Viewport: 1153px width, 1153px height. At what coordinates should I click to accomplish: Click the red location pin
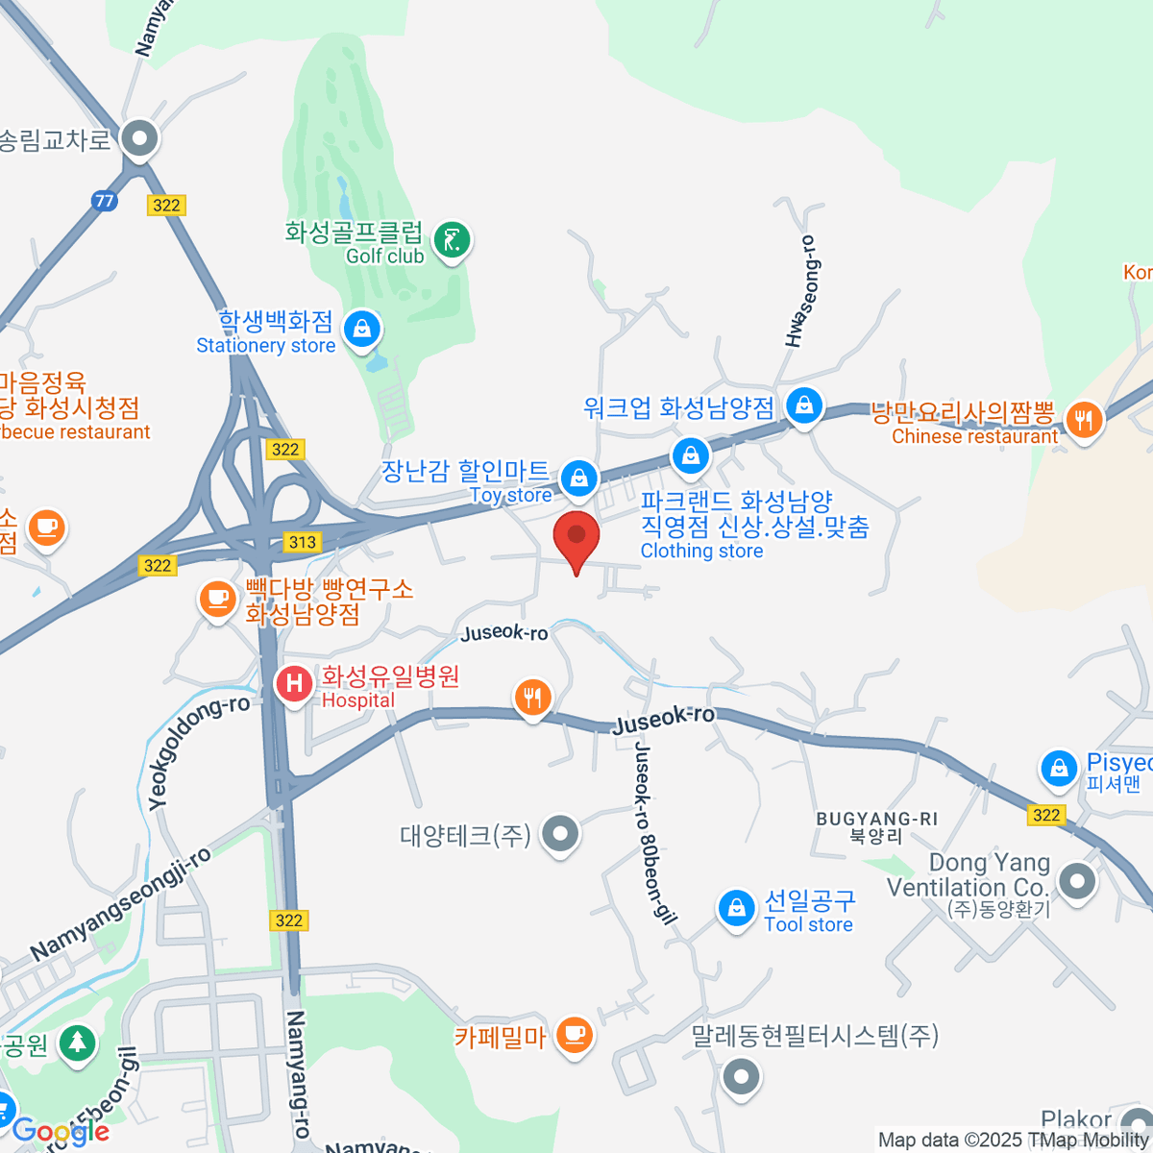point(576,538)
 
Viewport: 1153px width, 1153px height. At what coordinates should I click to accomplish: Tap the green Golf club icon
point(452,240)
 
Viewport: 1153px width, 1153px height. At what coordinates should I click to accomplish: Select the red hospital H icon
point(294,684)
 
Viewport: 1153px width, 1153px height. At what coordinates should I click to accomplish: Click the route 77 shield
point(105,201)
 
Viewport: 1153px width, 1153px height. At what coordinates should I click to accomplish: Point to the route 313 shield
point(303,542)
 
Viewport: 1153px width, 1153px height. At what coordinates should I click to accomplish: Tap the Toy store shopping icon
point(579,477)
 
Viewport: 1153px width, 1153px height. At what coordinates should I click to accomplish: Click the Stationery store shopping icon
point(362,330)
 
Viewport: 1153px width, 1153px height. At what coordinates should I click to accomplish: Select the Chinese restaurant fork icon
point(1084,420)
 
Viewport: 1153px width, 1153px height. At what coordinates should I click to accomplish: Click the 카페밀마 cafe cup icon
point(575,1035)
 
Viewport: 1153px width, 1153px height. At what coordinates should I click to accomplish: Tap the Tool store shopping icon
point(736,907)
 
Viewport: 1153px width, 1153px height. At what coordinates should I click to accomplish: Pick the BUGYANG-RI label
point(876,820)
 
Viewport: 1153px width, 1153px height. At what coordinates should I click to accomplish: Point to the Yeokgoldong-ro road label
point(198,752)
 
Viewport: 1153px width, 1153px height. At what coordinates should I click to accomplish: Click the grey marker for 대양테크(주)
point(560,834)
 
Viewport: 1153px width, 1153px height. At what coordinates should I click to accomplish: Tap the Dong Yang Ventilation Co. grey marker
point(1076,881)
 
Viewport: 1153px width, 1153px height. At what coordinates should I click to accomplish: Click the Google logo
point(60,1131)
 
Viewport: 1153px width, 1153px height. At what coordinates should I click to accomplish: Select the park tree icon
point(76,1043)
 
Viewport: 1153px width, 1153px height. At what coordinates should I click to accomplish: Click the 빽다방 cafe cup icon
point(217,600)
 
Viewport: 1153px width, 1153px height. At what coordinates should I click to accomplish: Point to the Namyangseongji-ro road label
point(119,904)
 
